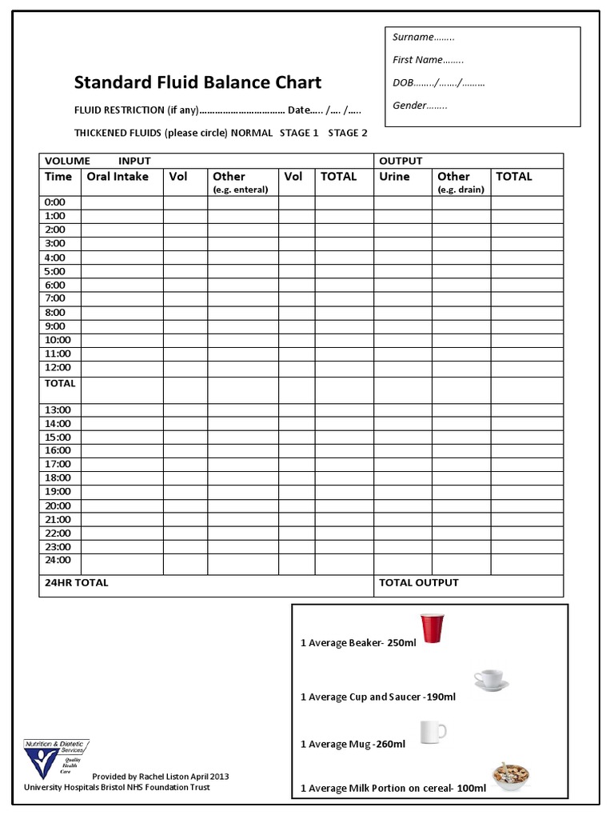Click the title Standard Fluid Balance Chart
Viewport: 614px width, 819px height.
pos(197,82)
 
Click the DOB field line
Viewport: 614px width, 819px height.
pos(438,82)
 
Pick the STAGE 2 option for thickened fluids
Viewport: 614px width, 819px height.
pos(348,133)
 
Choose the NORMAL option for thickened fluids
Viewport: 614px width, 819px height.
pos(252,133)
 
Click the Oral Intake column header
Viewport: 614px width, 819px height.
pos(118,177)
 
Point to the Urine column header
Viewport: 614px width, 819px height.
pos(394,177)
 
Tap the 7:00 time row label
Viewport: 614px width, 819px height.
pos(55,298)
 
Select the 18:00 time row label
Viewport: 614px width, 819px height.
pos(58,477)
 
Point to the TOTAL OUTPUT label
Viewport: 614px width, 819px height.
pos(419,583)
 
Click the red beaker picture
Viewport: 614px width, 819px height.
pos(431,628)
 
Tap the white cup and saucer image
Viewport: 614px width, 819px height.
pos(491,681)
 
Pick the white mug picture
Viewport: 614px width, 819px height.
pos(433,731)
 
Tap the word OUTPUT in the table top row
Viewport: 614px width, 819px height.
pos(401,161)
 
